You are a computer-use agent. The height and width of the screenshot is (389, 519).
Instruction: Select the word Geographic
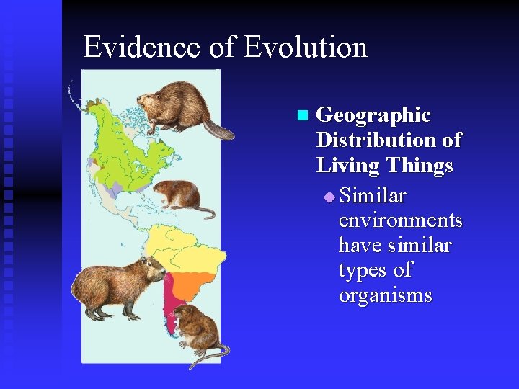click(x=373, y=115)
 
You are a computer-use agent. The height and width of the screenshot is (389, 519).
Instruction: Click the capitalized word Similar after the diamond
click(x=373, y=195)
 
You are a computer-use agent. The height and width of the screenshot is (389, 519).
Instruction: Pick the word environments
click(x=400, y=220)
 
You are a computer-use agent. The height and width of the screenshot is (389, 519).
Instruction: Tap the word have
click(x=360, y=245)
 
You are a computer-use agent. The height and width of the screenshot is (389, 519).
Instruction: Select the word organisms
click(x=385, y=295)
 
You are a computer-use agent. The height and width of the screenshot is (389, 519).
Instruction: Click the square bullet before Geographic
click(x=301, y=115)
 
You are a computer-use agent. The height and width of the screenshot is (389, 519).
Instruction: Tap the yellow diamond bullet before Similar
click(x=329, y=196)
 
